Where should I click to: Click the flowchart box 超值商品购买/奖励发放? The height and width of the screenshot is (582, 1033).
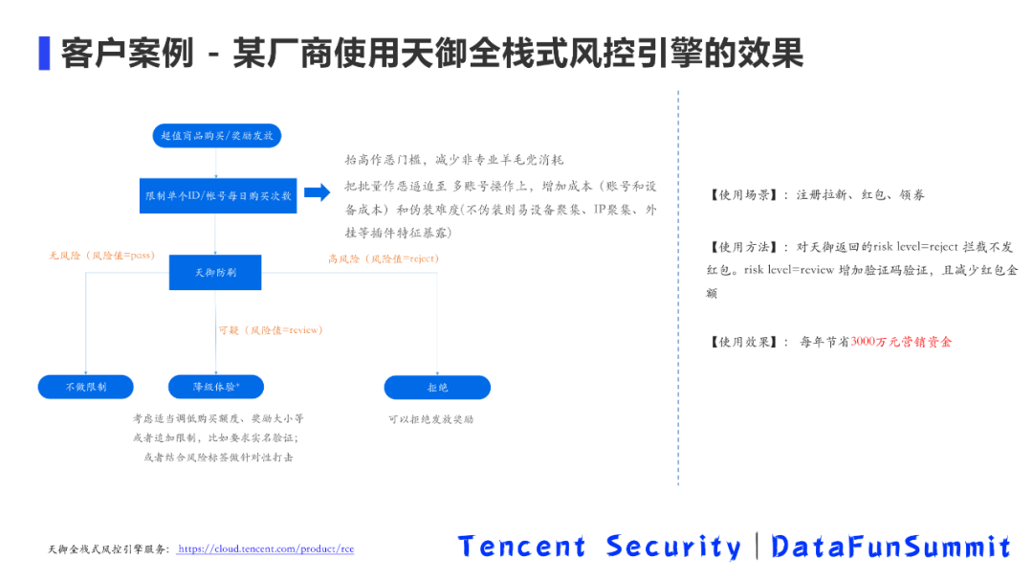click(x=217, y=136)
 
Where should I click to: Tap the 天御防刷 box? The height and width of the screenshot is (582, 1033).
click(x=215, y=272)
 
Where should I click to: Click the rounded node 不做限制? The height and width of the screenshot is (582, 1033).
click(x=86, y=387)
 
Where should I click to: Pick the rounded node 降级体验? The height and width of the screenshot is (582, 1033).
click(x=216, y=387)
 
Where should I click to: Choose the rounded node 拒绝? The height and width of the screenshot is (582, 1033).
click(x=437, y=387)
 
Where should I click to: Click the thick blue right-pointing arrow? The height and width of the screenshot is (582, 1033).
click(x=318, y=193)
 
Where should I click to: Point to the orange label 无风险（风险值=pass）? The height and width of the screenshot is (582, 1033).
click(x=102, y=257)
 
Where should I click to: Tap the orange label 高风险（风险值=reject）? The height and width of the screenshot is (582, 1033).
click(x=383, y=258)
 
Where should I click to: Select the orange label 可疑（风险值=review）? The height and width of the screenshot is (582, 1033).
click(x=271, y=330)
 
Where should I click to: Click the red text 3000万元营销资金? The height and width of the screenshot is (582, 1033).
click(x=901, y=342)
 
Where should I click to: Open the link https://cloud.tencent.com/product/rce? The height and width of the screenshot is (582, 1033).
click(x=266, y=549)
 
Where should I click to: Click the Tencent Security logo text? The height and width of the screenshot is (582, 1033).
click(x=600, y=547)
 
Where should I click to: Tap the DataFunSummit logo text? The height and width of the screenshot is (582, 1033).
click(x=890, y=547)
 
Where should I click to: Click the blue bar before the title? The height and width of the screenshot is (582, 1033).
click(x=44, y=53)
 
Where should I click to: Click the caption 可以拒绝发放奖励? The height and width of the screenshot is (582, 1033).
click(x=430, y=419)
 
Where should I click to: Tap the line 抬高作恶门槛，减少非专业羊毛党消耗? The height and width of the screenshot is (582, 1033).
click(x=454, y=160)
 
